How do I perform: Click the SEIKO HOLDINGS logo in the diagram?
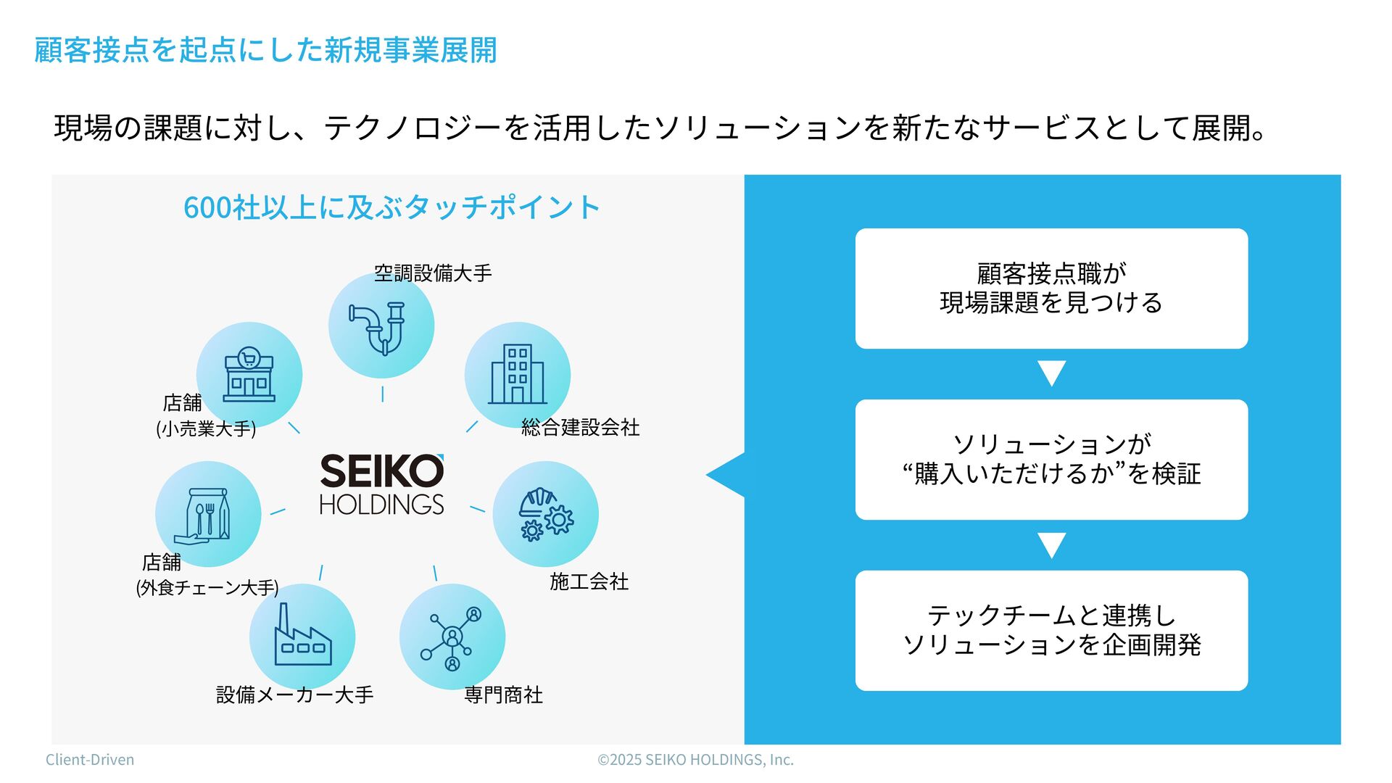pyautogui.click(x=381, y=484)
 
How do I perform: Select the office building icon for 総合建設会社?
pyautogui.click(x=517, y=374)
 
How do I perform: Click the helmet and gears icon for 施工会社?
pyautogui.click(x=545, y=514)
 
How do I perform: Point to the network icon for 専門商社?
pyautogui.click(x=452, y=637)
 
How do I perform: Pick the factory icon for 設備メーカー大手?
pyautogui.click(x=302, y=637)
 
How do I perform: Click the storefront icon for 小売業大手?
pyautogui.click(x=249, y=374)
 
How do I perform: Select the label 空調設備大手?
pyautogui.click(x=433, y=273)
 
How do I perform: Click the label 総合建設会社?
pyautogui.click(x=580, y=428)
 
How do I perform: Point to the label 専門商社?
pyautogui.click(x=503, y=695)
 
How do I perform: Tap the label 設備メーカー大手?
pyautogui.click(x=294, y=695)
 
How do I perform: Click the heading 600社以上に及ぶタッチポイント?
pyautogui.click(x=391, y=207)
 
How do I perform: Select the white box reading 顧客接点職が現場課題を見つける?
pyautogui.click(x=1051, y=289)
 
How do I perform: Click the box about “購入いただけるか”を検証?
pyautogui.click(x=1051, y=460)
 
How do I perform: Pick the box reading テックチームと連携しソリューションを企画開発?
pyautogui.click(x=1051, y=631)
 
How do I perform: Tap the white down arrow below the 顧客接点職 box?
pyautogui.click(x=1051, y=373)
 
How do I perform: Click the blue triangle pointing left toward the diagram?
pyautogui.click(x=727, y=475)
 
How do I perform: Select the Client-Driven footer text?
pyautogui.click(x=90, y=760)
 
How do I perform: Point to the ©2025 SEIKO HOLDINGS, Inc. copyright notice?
pyautogui.click(x=695, y=760)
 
